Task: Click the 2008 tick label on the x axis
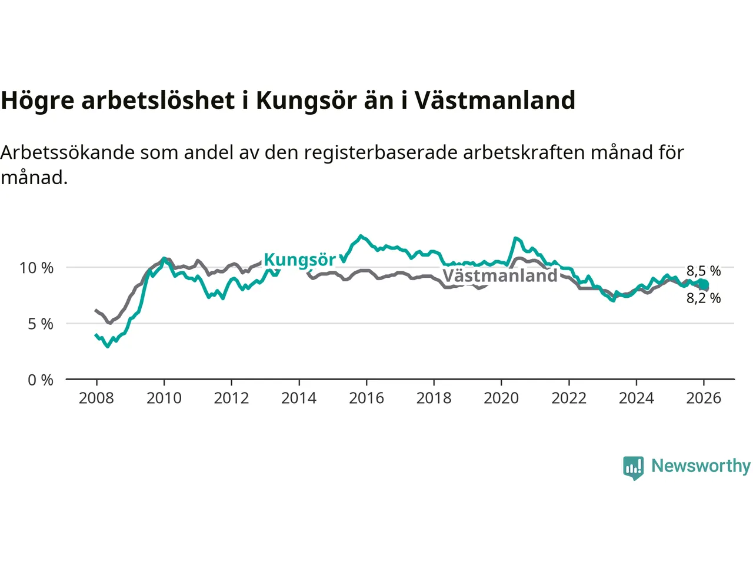96,398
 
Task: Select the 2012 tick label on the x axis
231,398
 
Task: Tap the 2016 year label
366,398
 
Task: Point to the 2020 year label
501,398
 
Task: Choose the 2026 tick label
704,398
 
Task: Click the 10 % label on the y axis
36,268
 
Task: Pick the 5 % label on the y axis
41,324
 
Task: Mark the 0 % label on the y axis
41,380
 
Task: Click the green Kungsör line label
299,260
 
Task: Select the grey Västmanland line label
499,275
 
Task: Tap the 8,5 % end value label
704,271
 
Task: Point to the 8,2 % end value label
704,298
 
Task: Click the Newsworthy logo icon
634,468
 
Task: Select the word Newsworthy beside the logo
701,466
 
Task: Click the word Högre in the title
38,101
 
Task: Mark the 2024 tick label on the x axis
637,398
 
